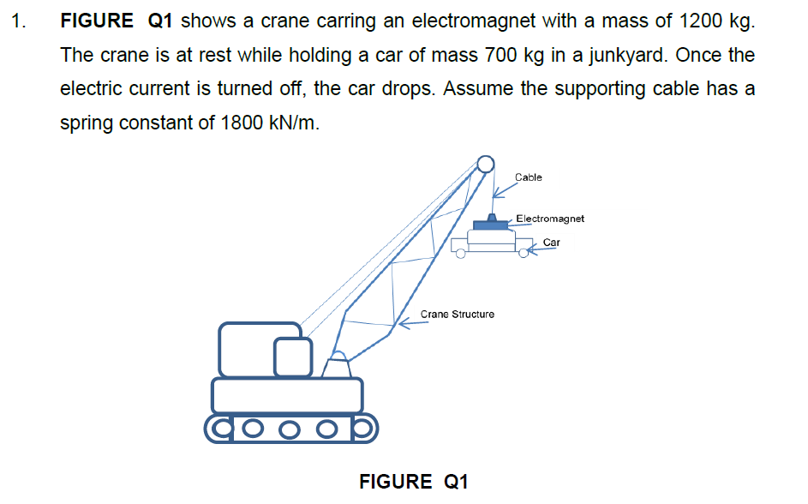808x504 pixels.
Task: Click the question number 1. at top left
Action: pos(18,21)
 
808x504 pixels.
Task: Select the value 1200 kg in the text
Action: pos(717,21)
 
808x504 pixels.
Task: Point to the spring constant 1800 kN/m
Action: pos(269,123)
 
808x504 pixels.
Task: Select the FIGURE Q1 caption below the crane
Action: pos(413,481)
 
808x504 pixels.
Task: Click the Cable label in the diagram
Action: pos(528,177)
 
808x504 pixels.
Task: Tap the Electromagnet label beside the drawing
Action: pos(550,219)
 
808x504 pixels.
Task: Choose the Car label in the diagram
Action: pos(552,243)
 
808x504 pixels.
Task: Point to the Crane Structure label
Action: pos(457,315)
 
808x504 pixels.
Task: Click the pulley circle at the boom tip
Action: pos(485,164)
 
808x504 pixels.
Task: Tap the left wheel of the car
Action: pos(461,253)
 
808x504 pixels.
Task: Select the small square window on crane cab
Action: pos(292,357)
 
